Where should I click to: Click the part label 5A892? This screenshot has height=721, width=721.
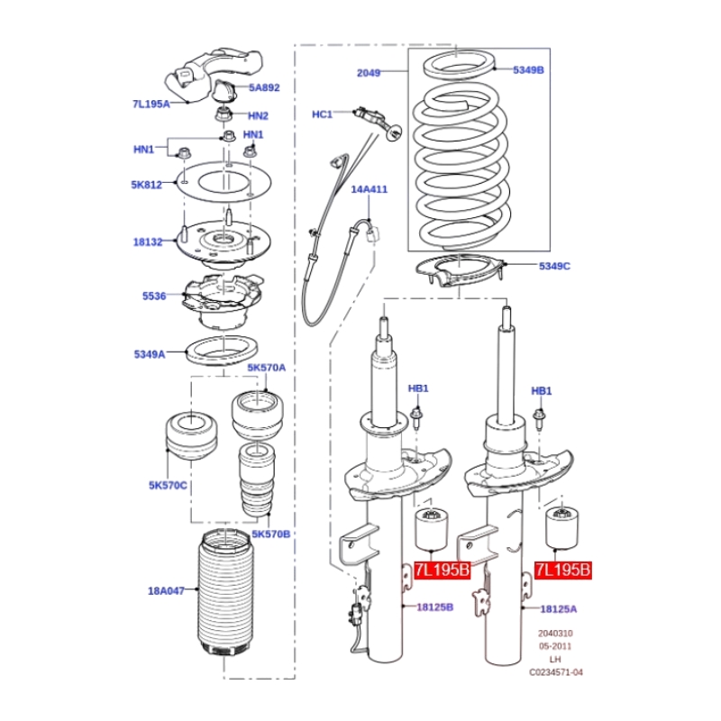pyautogui.click(x=264, y=87)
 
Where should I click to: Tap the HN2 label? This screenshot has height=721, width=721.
pyautogui.click(x=258, y=116)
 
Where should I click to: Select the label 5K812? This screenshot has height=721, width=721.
pyautogui.click(x=147, y=185)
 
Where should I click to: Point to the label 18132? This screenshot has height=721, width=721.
pyautogui.click(x=148, y=242)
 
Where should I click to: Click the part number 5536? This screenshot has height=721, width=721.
pyautogui.click(x=154, y=297)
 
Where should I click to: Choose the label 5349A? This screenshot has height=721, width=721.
pyautogui.click(x=150, y=354)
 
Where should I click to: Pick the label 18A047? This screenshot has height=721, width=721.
pyautogui.click(x=166, y=591)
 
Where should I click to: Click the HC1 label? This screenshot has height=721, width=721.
pyautogui.click(x=322, y=114)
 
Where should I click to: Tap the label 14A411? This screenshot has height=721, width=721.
pyautogui.click(x=370, y=189)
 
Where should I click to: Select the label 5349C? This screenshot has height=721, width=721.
pyautogui.click(x=554, y=266)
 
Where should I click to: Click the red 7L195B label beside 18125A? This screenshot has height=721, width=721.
pyautogui.click(x=562, y=570)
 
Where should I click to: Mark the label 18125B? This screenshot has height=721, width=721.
pyautogui.click(x=435, y=607)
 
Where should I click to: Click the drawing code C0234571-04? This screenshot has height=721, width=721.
pyautogui.click(x=556, y=672)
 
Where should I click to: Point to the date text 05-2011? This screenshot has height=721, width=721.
pyautogui.click(x=555, y=646)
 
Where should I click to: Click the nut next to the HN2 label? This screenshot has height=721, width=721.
pyautogui.click(x=224, y=114)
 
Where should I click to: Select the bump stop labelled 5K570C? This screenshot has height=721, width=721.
pyautogui.click(x=191, y=436)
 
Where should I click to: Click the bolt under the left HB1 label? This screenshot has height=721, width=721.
pyautogui.click(x=416, y=417)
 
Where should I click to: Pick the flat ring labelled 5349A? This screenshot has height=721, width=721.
pyautogui.click(x=221, y=351)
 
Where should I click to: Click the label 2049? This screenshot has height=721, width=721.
pyautogui.click(x=369, y=73)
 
